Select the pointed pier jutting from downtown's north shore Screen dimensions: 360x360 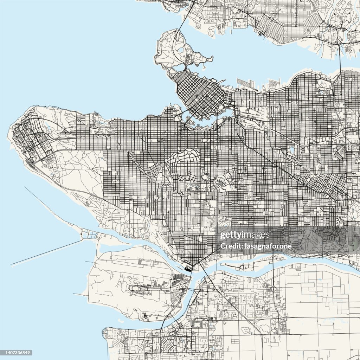pyautogui.click(x=222, y=82)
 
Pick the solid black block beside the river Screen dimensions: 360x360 pyautogui.click(x=189, y=269)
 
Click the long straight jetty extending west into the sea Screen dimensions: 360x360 pyautogui.click(x=46, y=252)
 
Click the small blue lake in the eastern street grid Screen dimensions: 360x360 pyautogui.click(x=291, y=150)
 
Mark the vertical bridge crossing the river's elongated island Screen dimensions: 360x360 pyautogui.click(x=273, y=262)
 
